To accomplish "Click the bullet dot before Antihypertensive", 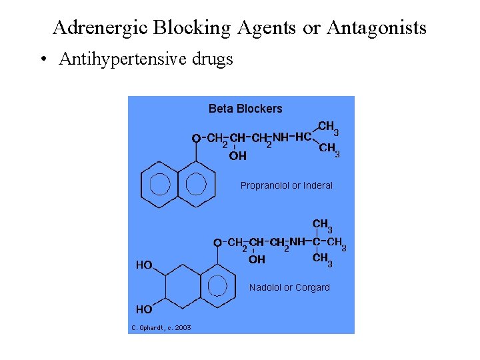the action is click(x=43, y=60).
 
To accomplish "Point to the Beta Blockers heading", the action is click(x=245, y=109).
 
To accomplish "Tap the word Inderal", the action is click(x=318, y=185).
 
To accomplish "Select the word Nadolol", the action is click(x=265, y=287).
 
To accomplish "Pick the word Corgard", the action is click(x=312, y=287).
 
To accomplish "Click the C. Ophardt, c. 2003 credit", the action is click(x=161, y=327).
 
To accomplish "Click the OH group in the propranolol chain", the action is click(x=238, y=156).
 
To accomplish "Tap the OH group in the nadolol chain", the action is click(x=257, y=259).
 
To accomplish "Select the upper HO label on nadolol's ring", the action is click(x=144, y=265).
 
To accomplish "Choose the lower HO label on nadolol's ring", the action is click(x=144, y=309).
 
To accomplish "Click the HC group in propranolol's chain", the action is click(x=303, y=137).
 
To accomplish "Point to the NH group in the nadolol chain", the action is click(x=297, y=241).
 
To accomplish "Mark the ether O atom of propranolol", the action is click(x=196, y=138).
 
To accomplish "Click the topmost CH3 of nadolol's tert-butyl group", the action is click(x=321, y=225).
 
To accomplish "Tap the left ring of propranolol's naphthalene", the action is click(x=161, y=183).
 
